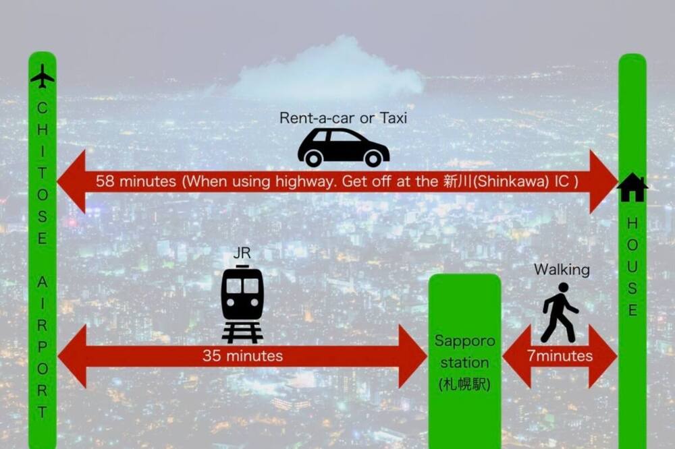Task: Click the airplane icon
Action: [x=42, y=76]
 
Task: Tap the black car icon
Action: [x=343, y=148]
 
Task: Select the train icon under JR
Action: [x=242, y=304]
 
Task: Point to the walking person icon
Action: [x=559, y=312]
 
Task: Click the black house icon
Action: [x=632, y=187]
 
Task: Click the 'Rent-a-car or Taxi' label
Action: [x=343, y=118]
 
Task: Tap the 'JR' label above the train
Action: [x=242, y=253]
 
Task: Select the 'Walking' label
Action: [x=562, y=270]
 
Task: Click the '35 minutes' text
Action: [x=243, y=356]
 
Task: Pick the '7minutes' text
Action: [x=560, y=356]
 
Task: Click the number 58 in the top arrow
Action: [x=105, y=181]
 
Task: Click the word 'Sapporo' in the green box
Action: [x=464, y=341]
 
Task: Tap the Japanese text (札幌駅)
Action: [x=464, y=384]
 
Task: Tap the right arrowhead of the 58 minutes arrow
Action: [x=603, y=181]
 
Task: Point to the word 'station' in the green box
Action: [x=464, y=363]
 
